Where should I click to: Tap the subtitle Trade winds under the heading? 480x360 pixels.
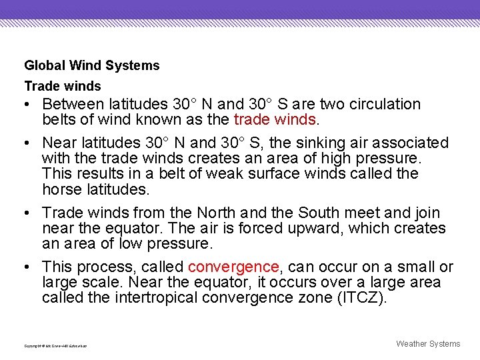tap(63, 86)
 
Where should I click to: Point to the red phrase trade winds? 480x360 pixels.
tap(275, 120)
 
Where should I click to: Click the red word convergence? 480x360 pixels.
tap(233, 267)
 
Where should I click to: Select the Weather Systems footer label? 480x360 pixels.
tap(428, 344)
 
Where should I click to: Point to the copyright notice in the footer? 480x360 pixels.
tap(55, 345)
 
